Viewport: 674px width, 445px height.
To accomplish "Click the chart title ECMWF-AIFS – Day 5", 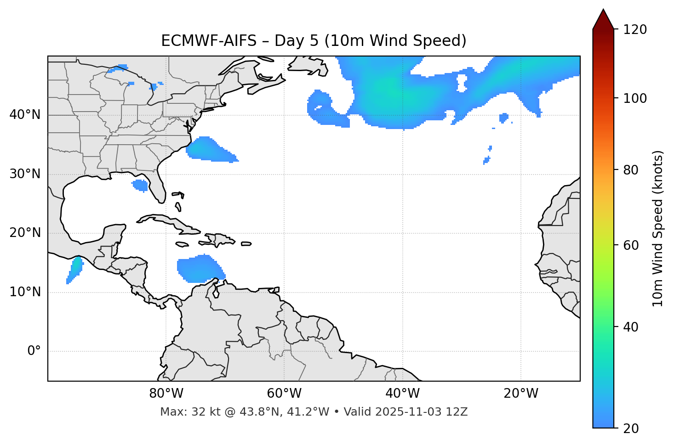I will (314, 41).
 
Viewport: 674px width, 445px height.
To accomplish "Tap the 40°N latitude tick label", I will (25, 114).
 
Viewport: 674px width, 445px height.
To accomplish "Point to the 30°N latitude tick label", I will (25, 174).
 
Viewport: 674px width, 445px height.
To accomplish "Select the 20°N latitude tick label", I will (25, 233).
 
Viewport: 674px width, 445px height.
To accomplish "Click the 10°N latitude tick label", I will (25, 292).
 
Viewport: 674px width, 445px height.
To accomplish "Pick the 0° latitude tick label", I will (34, 351).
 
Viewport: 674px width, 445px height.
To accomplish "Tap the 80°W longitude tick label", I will (166, 394).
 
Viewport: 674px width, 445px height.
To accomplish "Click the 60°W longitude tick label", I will (284, 394).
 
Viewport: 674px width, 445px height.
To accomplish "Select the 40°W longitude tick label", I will (403, 394).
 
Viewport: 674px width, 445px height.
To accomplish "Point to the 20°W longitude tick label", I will (521, 394).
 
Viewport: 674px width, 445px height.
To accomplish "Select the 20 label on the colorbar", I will (631, 428).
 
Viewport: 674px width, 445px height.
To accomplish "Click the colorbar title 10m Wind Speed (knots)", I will (658, 229).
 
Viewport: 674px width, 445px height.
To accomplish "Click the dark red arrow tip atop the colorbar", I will (603, 18).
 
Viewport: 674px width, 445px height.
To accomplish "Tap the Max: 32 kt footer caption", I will (314, 412).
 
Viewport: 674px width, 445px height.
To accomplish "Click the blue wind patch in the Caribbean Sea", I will (200, 269).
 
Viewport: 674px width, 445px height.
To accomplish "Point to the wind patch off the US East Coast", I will (209, 150).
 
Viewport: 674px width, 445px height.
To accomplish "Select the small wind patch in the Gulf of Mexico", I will (140, 186).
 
